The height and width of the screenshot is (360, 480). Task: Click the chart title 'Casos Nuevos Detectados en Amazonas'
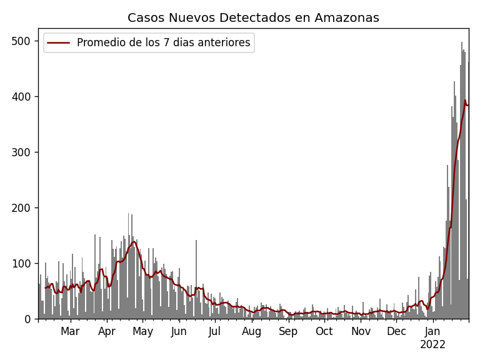point(253,17)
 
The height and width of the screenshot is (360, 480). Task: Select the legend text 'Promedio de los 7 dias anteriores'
point(163,42)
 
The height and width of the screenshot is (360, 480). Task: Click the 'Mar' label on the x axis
point(70,331)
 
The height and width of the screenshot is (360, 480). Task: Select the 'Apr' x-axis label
point(107,331)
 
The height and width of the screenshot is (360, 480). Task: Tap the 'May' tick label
point(142,331)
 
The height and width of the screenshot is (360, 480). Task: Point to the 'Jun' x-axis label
point(179,331)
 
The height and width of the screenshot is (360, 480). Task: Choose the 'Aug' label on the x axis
point(251,331)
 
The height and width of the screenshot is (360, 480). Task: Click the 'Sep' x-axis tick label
point(288,331)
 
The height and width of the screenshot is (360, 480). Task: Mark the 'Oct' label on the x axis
point(324,331)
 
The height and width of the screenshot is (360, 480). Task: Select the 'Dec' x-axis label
point(396,331)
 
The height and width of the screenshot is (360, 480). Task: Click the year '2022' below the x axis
point(432,344)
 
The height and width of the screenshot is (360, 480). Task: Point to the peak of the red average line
point(465,100)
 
